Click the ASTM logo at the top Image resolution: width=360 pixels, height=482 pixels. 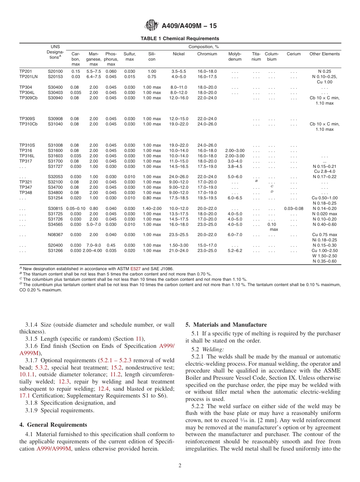[x=152, y=26]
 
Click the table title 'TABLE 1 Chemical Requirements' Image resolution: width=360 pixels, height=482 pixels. [x=180, y=39]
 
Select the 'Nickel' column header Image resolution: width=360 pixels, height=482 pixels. [x=178, y=54]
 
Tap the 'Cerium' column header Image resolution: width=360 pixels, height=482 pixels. [x=293, y=54]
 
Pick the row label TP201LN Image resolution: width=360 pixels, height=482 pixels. [x=28, y=77]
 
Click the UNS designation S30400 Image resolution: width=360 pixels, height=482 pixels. [x=55, y=88]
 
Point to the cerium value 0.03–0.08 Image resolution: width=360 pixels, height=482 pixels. [x=293, y=209]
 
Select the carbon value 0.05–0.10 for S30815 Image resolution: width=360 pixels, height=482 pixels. [x=75, y=209]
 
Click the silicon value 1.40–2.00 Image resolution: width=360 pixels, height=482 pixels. [x=152, y=209]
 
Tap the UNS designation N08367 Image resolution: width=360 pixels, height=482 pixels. [x=55, y=235]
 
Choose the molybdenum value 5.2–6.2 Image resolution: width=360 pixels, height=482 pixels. [x=235, y=251]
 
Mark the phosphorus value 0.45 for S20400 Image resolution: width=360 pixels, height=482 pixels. [x=111, y=246]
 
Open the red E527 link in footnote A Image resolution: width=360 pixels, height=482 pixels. [x=136, y=269]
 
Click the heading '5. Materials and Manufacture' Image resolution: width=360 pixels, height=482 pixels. [x=226, y=325]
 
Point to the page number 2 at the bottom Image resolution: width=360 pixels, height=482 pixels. [x=180, y=466]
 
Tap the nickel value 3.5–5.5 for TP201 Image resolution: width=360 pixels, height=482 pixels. [x=178, y=72]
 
